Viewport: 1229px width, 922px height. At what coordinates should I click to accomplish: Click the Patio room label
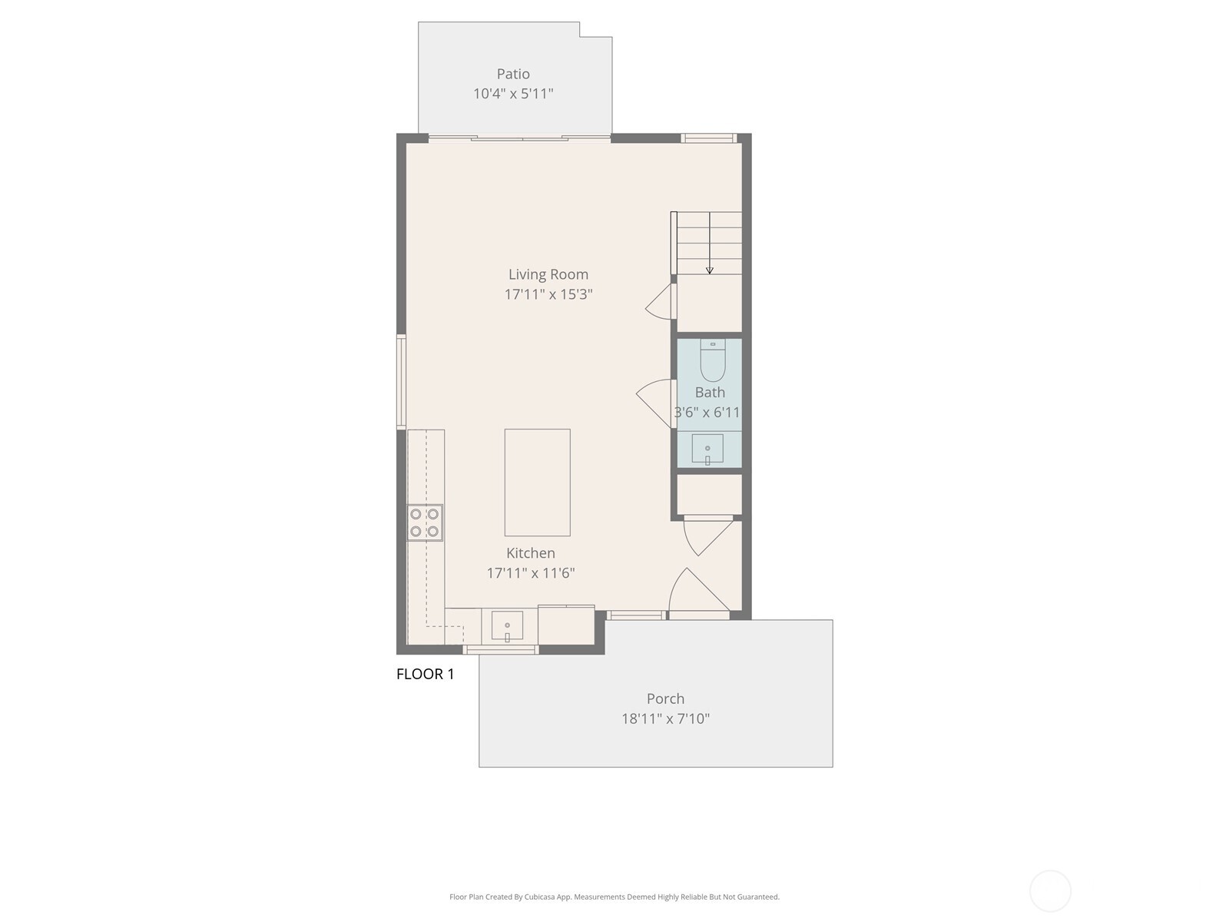pyautogui.click(x=513, y=74)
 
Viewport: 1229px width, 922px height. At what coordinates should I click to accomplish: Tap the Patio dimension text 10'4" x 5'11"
pyautogui.click(x=513, y=94)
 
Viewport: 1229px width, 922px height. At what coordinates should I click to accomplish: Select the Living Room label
pyautogui.click(x=548, y=274)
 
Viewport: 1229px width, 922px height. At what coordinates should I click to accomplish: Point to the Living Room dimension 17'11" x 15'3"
pyautogui.click(x=548, y=294)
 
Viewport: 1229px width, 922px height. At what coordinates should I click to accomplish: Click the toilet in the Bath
pyautogui.click(x=713, y=362)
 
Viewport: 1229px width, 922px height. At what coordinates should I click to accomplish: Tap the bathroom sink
pyautogui.click(x=707, y=449)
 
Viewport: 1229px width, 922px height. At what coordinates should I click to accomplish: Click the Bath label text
pyautogui.click(x=710, y=393)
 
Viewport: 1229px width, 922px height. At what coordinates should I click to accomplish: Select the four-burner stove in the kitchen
pyautogui.click(x=425, y=522)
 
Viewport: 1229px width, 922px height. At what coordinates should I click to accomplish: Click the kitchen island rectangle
pyautogui.click(x=537, y=483)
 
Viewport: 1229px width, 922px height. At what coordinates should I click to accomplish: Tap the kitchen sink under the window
pyautogui.click(x=507, y=625)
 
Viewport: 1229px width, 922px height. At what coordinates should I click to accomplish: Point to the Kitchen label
pyautogui.click(x=531, y=553)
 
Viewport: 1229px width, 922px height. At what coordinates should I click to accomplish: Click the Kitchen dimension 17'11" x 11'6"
pyautogui.click(x=531, y=573)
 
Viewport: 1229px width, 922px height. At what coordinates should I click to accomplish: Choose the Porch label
pyautogui.click(x=665, y=699)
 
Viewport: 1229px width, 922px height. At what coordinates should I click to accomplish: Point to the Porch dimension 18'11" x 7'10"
pyautogui.click(x=665, y=719)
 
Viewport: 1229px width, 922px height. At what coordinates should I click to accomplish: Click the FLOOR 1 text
pyautogui.click(x=425, y=675)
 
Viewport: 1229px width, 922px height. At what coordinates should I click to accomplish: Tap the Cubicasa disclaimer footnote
pyautogui.click(x=614, y=897)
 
